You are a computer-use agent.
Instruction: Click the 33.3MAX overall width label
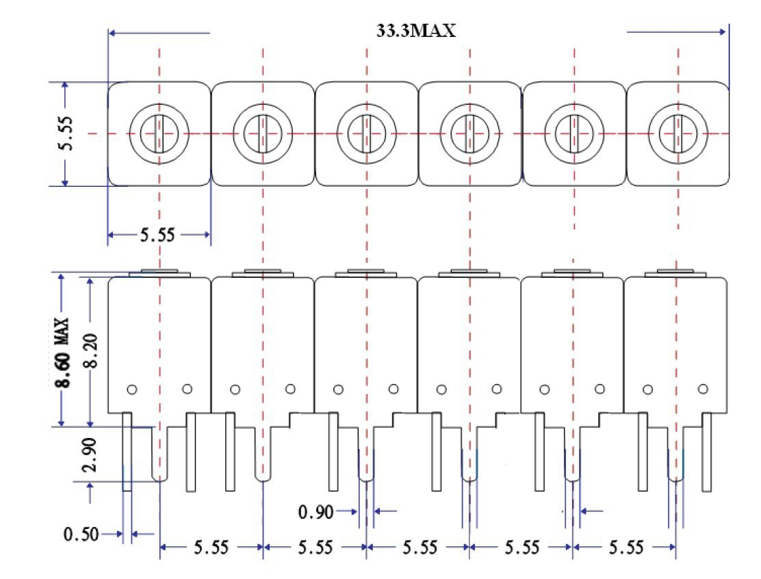[416, 31]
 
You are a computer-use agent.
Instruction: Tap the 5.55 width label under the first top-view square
[158, 235]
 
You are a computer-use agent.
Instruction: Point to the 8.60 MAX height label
[63, 352]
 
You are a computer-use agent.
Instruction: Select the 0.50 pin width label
[80, 534]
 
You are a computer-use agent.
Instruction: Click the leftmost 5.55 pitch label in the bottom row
[212, 548]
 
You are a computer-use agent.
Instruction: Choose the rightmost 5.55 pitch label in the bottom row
[625, 548]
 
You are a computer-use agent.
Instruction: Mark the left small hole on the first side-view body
[132, 389]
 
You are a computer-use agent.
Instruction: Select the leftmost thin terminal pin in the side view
[127, 452]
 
